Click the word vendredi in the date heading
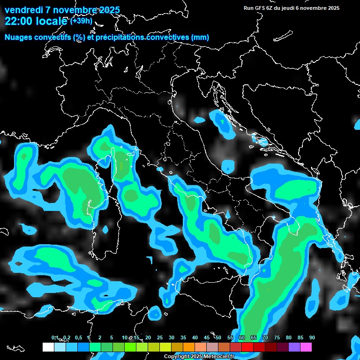(x=23, y=10)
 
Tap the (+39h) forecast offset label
(x=82, y=21)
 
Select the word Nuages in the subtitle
(x=19, y=37)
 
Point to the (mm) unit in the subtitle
(x=200, y=37)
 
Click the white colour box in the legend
(x=48, y=347)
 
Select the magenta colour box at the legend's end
(x=306, y=347)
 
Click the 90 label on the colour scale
(x=312, y=337)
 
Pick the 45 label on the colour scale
(x=207, y=337)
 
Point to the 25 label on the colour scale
(x=160, y=337)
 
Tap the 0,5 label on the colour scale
(x=78, y=337)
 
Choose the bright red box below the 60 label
(x=247, y=347)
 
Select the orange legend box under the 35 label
(x=188, y=347)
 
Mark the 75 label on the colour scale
(x=277, y=337)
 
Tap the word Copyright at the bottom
(x=177, y=357)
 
